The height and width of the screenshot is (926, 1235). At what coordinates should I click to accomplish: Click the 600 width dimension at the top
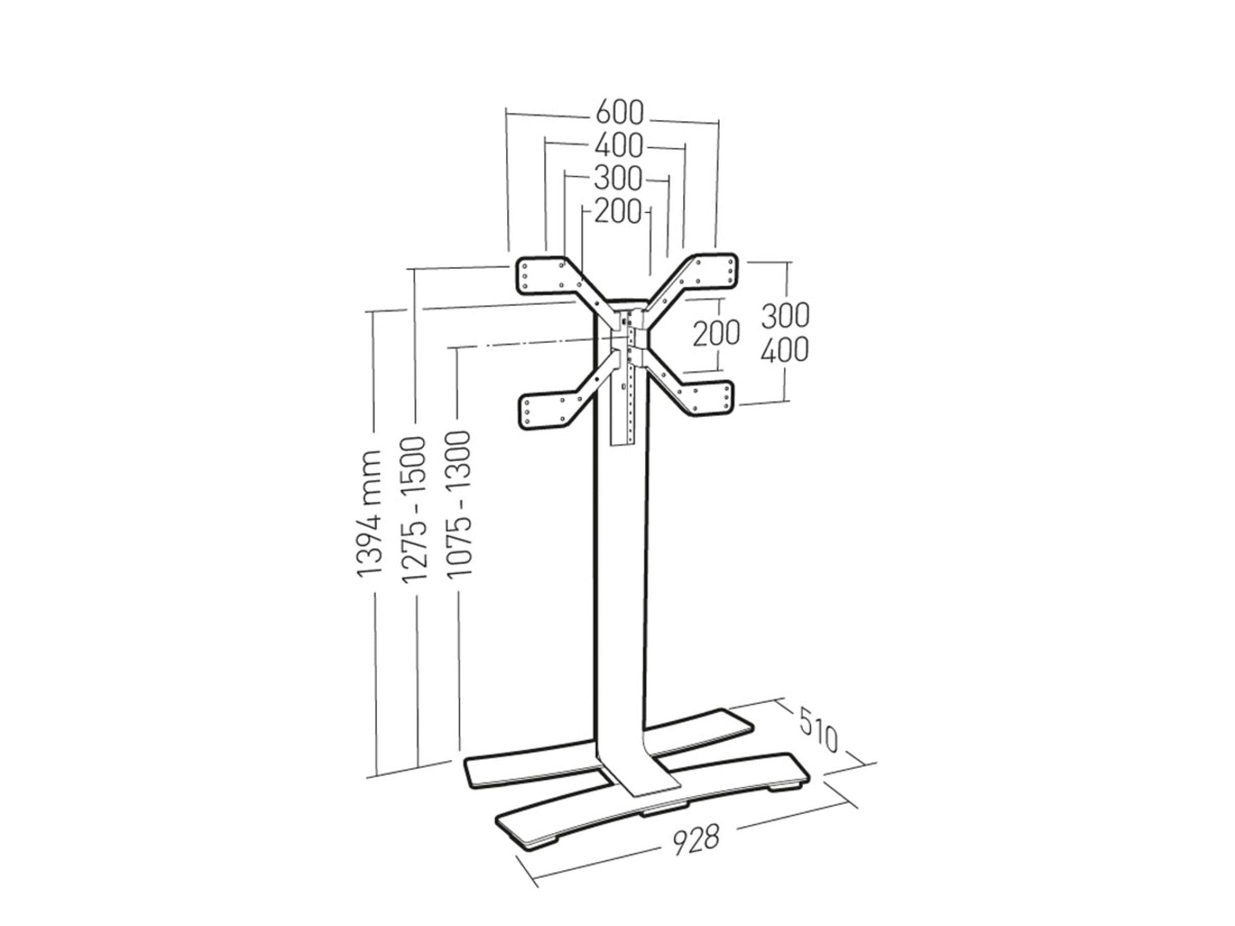[x=619, y=114]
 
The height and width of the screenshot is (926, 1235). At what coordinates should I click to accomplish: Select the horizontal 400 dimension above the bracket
[x=619, y=146]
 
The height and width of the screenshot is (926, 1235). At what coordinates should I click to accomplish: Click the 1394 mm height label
[x=369, y=514]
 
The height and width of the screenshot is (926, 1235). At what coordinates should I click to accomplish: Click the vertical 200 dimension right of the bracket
[x=716, y=333]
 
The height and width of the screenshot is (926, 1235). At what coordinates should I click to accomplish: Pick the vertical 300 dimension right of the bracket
[x=785, y=316]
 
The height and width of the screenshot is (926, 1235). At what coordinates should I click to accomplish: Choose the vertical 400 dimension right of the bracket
[x=785, y=350]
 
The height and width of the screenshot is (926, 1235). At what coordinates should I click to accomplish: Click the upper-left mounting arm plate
[x=543, y=276]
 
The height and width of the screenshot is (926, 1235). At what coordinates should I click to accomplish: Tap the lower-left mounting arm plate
[x=545, y=411]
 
